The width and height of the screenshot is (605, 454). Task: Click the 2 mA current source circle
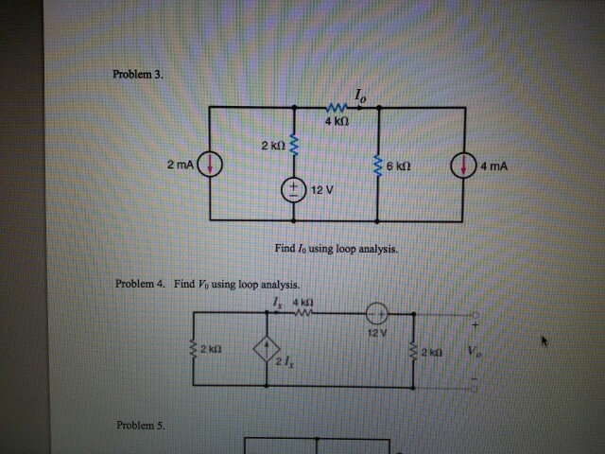(210, 164)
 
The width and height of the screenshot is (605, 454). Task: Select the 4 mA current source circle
(463, 166)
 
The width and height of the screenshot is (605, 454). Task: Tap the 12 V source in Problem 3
(294, 190)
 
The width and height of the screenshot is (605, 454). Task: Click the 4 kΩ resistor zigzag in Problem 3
(337, 107)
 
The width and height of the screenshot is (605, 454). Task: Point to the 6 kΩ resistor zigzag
(378, 166)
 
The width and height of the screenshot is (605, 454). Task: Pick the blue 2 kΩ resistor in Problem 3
(294, 145)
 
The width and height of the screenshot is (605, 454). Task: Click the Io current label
(360, 96)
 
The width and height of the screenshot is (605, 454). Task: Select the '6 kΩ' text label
(399, 166)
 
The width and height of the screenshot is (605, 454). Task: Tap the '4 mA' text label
(493, 166)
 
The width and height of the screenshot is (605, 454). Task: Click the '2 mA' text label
(181, 165)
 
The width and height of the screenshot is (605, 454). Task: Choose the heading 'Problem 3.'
(138, 74)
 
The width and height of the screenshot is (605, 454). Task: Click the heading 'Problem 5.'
(141, 425)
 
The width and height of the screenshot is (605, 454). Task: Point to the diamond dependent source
(267, 349)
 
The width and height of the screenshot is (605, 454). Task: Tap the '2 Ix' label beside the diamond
(285, 361)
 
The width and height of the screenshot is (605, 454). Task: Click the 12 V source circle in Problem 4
(376, 313)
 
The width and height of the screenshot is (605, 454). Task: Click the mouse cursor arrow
(544, 340)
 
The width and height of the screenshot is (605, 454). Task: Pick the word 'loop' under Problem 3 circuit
(346, 249)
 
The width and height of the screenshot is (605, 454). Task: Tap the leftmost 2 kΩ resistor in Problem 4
(194, 349)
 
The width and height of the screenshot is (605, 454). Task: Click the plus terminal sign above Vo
(475, 325)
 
